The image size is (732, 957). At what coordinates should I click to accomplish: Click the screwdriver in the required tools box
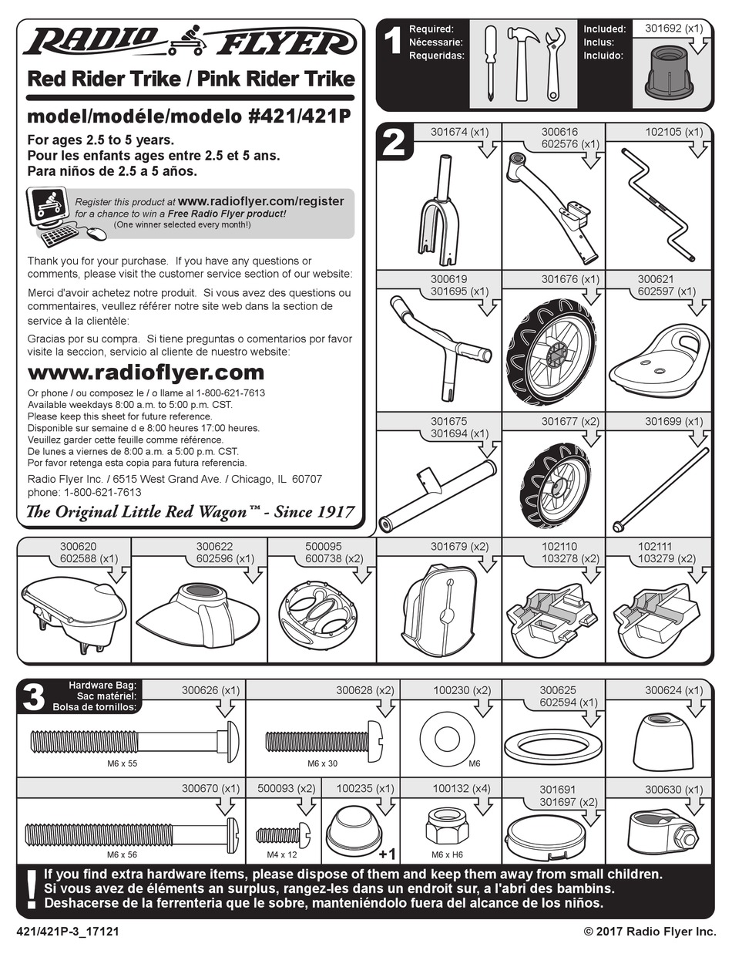489,63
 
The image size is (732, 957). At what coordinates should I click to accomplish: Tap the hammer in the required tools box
522,63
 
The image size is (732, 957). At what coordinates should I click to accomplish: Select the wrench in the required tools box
552,63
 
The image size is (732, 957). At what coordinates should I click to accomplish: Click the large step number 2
394,143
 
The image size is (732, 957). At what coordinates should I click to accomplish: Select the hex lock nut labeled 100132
447,830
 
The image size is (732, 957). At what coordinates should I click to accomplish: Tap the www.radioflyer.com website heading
146,372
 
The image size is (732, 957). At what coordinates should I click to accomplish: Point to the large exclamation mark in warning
31,888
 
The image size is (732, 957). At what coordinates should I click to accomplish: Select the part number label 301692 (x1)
673,29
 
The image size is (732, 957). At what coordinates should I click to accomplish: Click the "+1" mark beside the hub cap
387,854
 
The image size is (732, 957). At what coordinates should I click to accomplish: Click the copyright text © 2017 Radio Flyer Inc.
650,932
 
